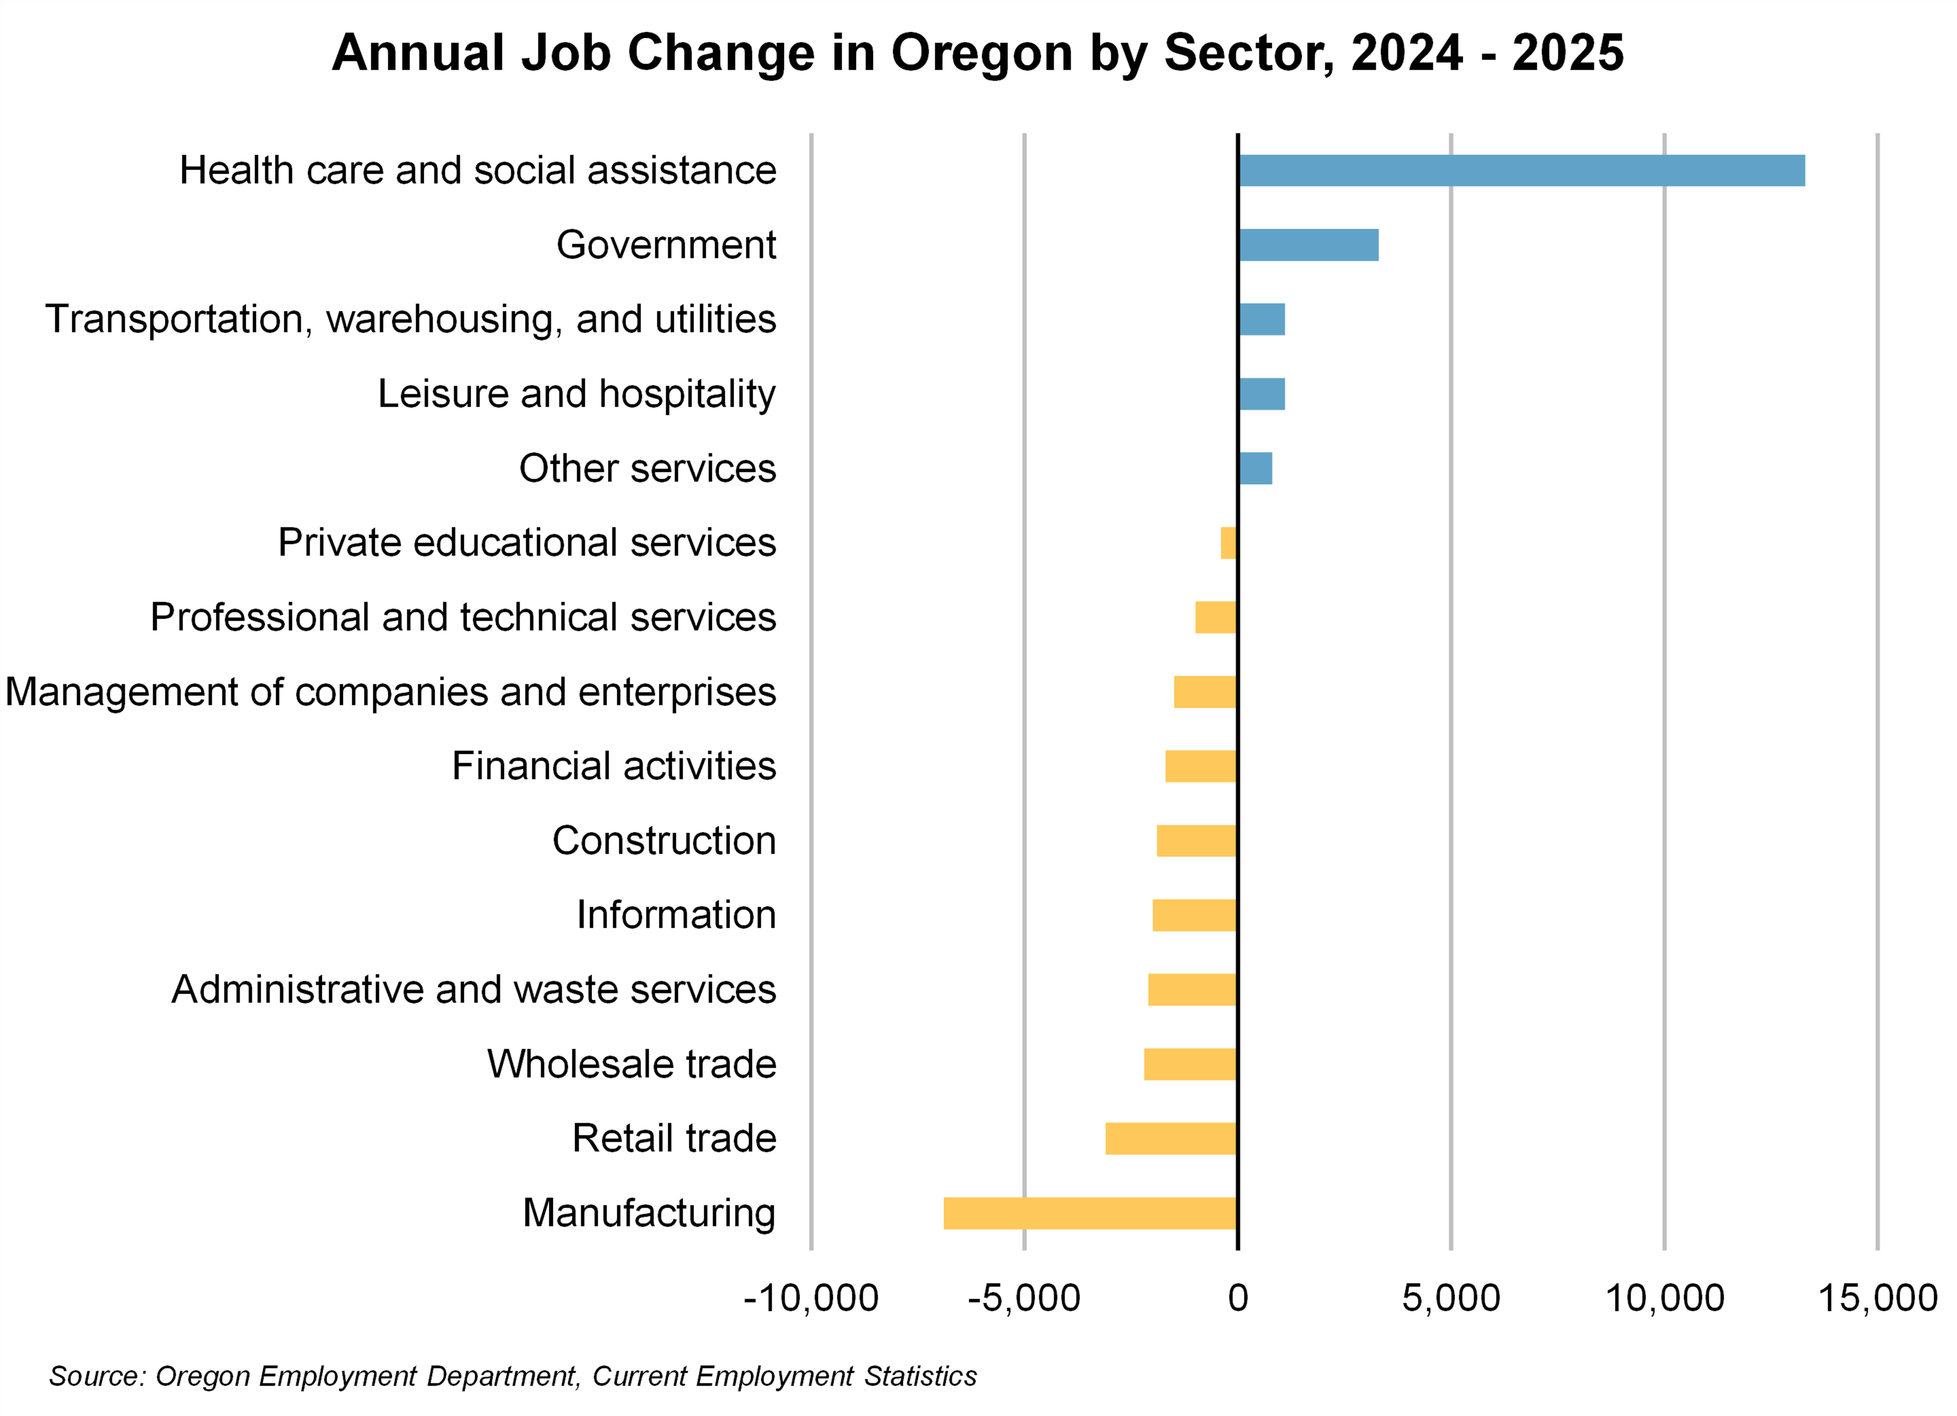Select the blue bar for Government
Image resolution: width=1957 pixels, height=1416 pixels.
pos(1308,245)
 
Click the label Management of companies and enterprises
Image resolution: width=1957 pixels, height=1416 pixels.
pos(390,692)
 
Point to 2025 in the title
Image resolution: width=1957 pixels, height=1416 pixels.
pos(1568,53)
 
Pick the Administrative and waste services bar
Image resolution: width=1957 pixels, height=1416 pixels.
pos(1193,990)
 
